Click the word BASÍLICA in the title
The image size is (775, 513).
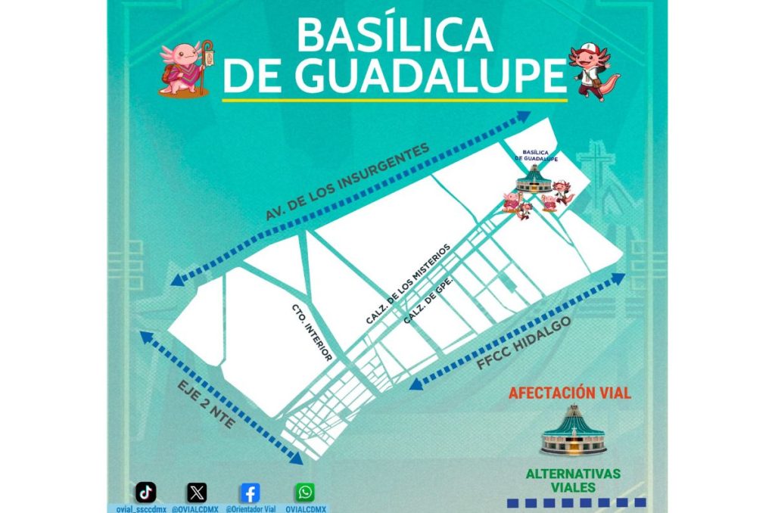394,35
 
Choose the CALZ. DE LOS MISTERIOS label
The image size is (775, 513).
408,284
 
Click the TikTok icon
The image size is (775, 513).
146,493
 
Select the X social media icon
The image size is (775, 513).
197,493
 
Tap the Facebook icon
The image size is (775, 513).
250,493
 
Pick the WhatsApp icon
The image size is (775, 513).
305,493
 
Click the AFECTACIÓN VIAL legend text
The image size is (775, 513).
569,393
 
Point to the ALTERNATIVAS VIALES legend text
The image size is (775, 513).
573,480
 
